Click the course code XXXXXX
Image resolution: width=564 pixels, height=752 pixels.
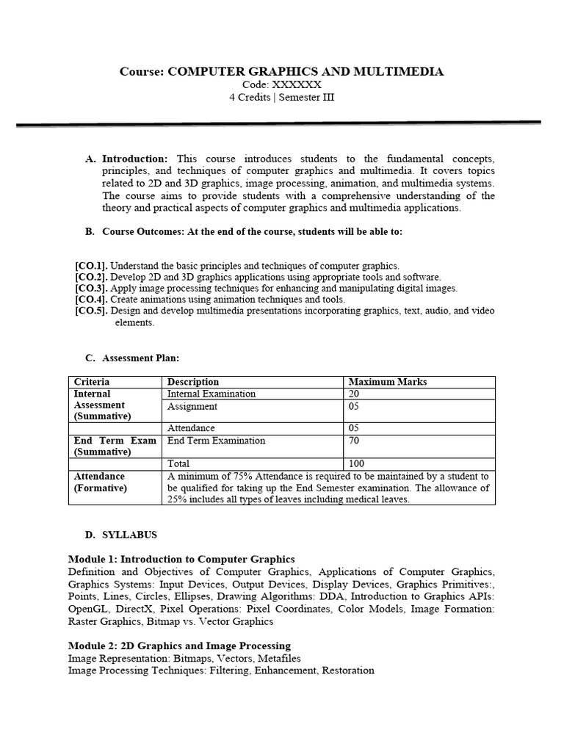pos(297,84)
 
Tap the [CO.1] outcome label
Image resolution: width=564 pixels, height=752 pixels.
pos(91,266)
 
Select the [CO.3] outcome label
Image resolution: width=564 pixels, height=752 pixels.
pos(91,289)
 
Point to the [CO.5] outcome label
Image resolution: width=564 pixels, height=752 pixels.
pos(91,311)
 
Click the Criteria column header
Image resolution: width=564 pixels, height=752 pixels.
pos(92,382)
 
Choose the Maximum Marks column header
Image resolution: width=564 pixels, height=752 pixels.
pos(387,382)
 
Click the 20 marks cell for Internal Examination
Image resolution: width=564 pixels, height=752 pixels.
pos(355,394)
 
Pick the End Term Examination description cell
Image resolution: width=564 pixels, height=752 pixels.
pos(217,441)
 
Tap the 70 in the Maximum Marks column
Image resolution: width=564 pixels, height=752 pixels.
pos(355,441)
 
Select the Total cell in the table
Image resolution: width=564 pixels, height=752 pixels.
pos(178,463)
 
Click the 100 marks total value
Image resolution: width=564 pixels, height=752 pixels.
pos(357,463)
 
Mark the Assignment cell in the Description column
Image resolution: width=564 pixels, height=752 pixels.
pos(192,406)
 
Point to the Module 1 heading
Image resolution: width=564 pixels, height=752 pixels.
pos(181,559)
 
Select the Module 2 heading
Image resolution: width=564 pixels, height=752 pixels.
pos(179,646)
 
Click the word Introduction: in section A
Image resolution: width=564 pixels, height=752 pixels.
pos(135,159)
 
